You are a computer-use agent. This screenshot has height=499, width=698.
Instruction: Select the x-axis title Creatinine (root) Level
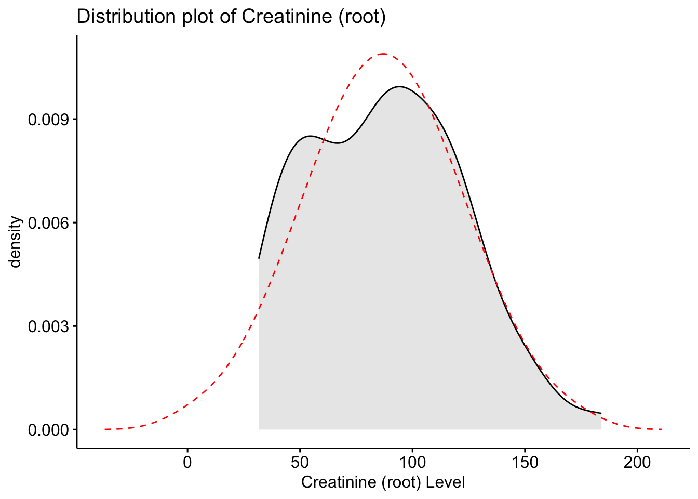click(x=383, y=482)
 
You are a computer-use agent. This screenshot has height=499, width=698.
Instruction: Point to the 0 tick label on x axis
click(x=187, y=462)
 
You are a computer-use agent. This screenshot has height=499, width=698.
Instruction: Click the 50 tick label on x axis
click(x=300, y=462)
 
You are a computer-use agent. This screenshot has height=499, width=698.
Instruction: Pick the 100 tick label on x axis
click(x=412, y=462)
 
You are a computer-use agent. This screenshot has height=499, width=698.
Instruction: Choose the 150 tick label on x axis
click(x=525, y=462)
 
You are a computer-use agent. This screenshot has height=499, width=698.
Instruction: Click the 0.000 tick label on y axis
click(x=48, y=430)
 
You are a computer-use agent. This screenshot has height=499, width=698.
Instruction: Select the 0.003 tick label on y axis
click(x=48, y=326)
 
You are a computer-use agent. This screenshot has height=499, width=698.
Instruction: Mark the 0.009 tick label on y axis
click(x=48, y=120)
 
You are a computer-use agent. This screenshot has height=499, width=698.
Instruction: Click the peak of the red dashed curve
click(x=383, y=54)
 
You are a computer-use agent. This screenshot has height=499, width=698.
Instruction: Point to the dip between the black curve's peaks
click(x=338, y=143)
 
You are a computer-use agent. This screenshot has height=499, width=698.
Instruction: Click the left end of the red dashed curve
click(x=105, y=429)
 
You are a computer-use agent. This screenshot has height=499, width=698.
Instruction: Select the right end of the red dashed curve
click(x=662, y=429)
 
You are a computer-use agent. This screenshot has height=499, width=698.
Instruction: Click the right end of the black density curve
click(x=601, y=413)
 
